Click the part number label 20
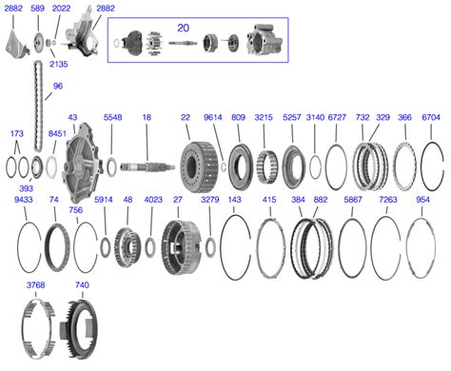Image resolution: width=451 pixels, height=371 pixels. [x=183, y=28]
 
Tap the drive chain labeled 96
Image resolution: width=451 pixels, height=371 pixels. [x=38, y=107]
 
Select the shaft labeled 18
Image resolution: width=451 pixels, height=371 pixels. [x=147, y=166]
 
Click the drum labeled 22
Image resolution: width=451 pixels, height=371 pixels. [x=200, y=166]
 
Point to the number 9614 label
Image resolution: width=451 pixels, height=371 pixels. [x=212, y=117]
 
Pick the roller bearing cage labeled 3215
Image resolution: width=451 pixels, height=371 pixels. [x=266, y=167]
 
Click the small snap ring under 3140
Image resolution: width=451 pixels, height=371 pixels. [x=315, y=167]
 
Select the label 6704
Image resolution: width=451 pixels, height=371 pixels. [x=431, y=117]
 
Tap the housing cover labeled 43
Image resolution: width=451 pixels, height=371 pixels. [x=84, y=164]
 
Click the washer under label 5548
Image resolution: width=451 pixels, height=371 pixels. [x=111, y=166]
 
